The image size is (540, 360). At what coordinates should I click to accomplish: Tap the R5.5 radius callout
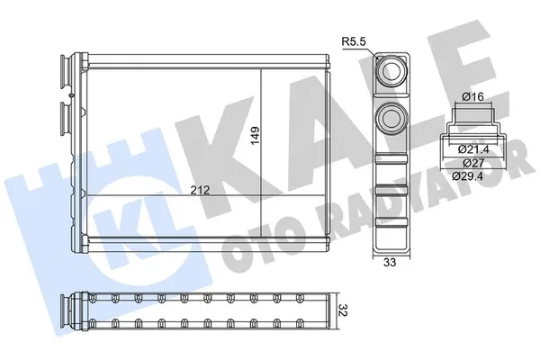click(x=353, y=40)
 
